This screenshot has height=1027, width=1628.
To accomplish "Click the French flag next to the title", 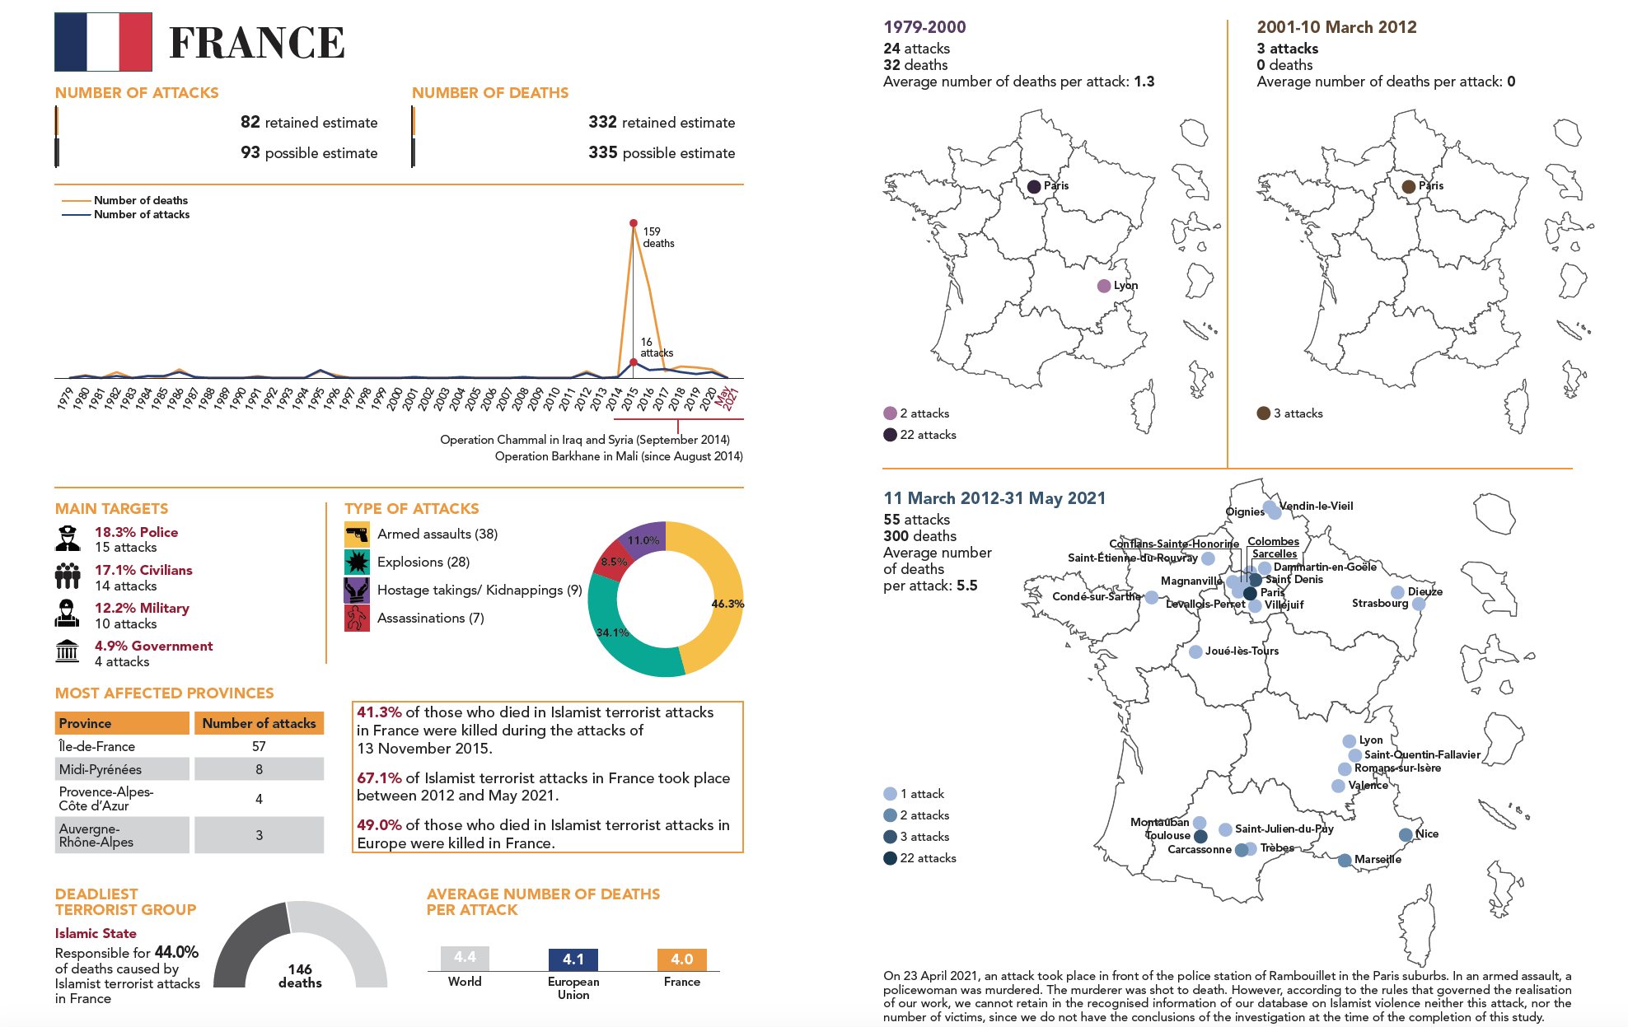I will click(x=103, y=42).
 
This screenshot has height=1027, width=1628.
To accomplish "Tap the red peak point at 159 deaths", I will click(x=634, y=223).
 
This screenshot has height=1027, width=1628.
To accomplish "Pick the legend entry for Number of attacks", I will click(x=141, y=215).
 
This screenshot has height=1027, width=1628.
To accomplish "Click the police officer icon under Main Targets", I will click(x=68, y=539).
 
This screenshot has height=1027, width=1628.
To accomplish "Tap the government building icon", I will click(x=68, y=651).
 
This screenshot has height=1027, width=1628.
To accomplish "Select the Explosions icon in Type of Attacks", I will click(x=357, y=562).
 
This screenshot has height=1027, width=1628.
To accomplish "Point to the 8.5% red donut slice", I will click(x=610, y=560).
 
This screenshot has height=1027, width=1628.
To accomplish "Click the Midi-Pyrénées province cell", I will click(x=122, y=769).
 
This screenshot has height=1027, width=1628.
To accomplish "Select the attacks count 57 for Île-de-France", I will click(x=259, y=746).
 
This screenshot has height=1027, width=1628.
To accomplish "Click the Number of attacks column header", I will click(x=259, y=723).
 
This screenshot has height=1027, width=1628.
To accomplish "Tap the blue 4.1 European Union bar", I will click(x=573, y=959).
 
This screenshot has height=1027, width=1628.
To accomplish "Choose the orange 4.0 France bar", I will click(x=681, y=959).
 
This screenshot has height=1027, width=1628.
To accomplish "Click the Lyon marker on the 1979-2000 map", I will click(x=1104, y=286).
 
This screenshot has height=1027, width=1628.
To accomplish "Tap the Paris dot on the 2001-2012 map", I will click(x=1409, y=187).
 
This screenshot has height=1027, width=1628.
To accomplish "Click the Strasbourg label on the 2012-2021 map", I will click(x=1380, y=604).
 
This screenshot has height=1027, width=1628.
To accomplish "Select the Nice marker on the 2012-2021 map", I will click(x=1406, y=835).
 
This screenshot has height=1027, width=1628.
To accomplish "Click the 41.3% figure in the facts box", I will click(x=379, y=712).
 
